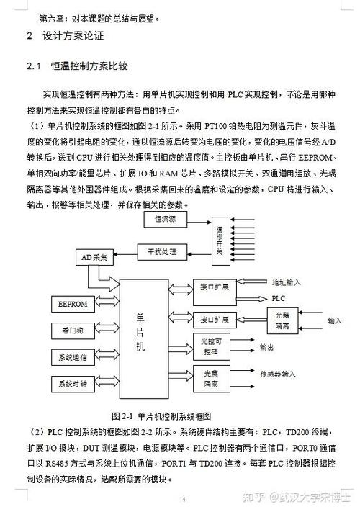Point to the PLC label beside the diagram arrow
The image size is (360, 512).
pos(278,297)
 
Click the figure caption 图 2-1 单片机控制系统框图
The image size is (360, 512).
pos(161,416)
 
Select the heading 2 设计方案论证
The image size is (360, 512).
pos(66,35)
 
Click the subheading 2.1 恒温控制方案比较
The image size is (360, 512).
pos(77,66)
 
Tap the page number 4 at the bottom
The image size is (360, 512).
pos(183,499)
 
